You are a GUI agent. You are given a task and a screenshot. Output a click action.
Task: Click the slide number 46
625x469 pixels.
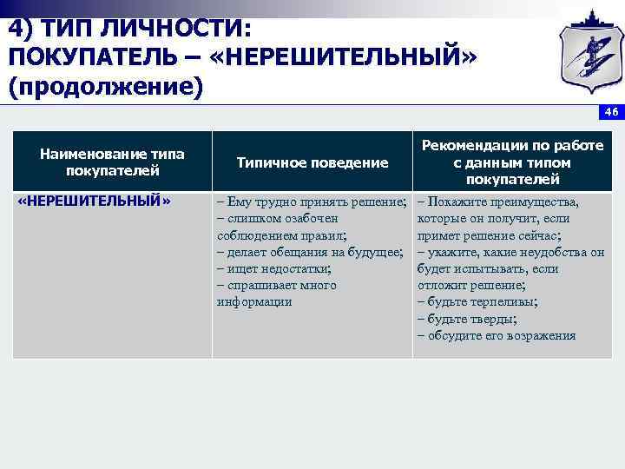coord(612,112)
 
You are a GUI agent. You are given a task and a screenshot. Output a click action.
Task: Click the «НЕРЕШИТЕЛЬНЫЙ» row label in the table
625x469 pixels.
coord(95,201)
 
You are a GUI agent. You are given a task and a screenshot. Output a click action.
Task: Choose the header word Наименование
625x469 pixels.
coord(86,154)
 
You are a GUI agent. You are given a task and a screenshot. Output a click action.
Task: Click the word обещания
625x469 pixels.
coord(305,252)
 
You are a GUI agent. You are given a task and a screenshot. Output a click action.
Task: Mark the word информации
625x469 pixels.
coord(254,301)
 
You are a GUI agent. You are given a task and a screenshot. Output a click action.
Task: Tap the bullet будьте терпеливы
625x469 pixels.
coord(482,301)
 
